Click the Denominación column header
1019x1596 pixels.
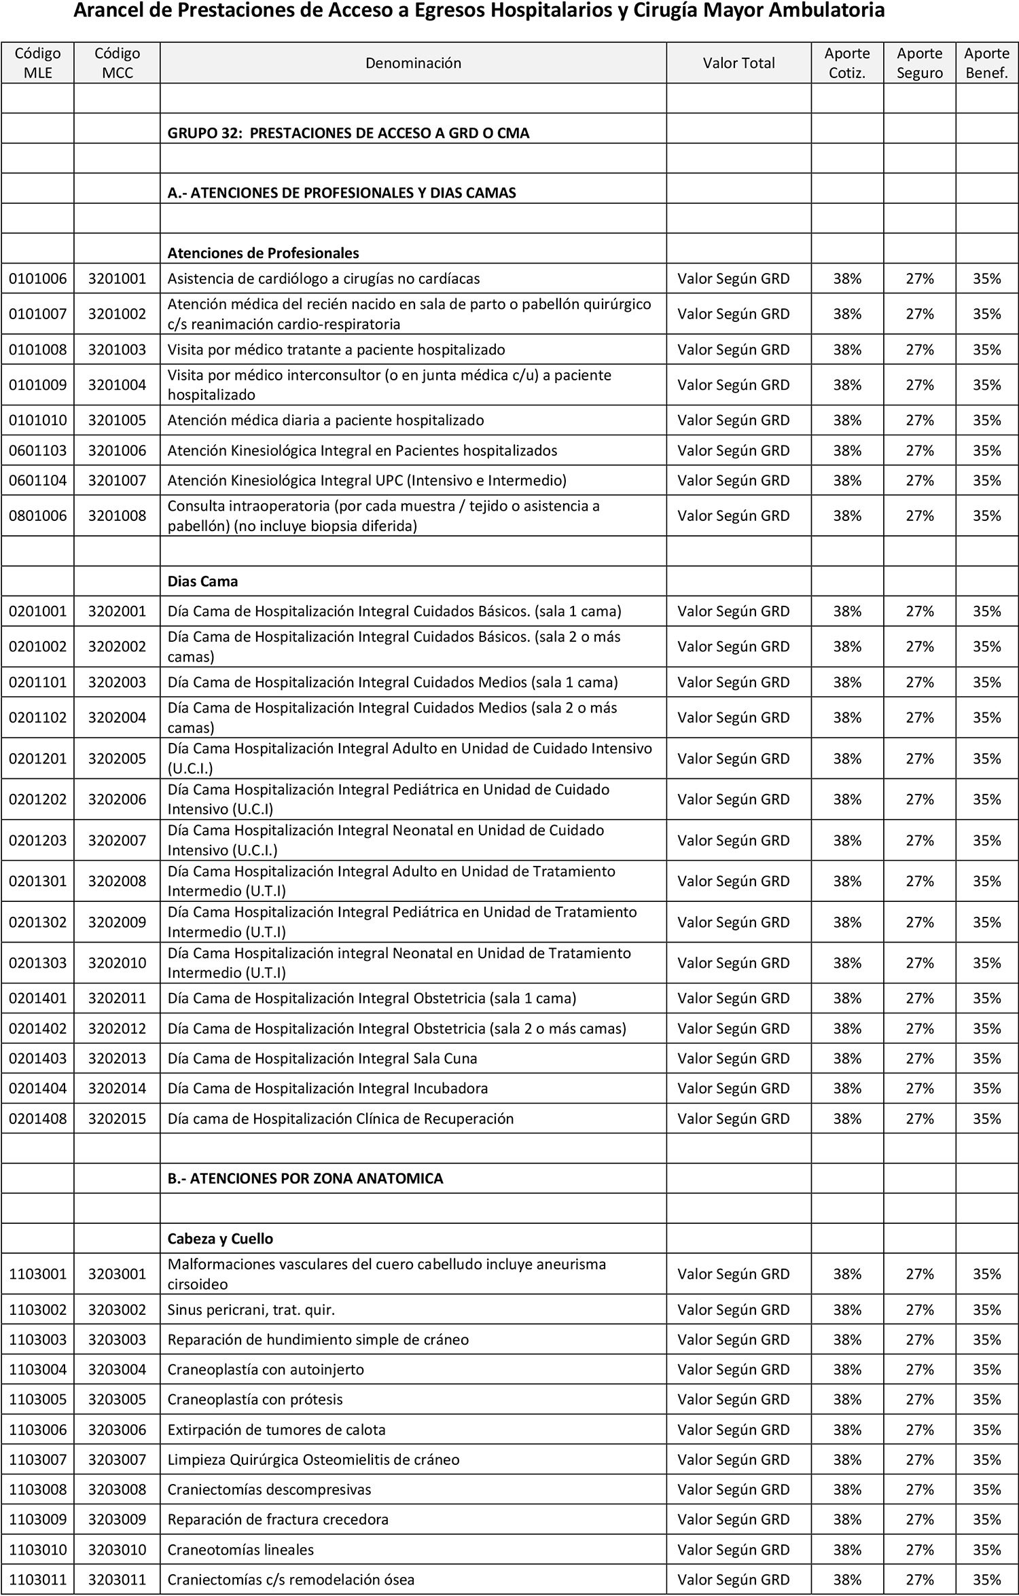coord(413,63)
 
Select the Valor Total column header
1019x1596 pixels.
coord(738,63)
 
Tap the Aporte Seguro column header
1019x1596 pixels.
coord(919,63)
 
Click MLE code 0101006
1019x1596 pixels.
coord(38,278)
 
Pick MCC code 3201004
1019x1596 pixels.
coord(117,385)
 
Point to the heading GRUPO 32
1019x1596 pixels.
coord(348,133)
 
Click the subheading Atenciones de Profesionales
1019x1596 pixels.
coord(264,253)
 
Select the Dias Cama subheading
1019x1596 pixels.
coord(202,582)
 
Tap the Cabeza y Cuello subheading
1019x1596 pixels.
coord(220,1239)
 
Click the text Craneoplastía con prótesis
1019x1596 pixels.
coord(255,1400)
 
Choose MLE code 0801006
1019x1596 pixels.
coord(38,516)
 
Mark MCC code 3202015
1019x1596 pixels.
coord(117,1119)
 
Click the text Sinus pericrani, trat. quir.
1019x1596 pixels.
coord(251,1310)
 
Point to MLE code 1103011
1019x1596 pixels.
coord(38,1580)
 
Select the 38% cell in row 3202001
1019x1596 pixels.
coord(847,611)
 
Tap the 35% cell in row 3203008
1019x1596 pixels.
coord(987,1490)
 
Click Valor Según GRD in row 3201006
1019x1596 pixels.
coord(734,451)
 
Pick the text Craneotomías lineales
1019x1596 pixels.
coord(240,1550)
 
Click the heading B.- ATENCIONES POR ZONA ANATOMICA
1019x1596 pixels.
coord(306,1179)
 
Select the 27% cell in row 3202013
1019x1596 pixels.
coord(920,1059)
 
